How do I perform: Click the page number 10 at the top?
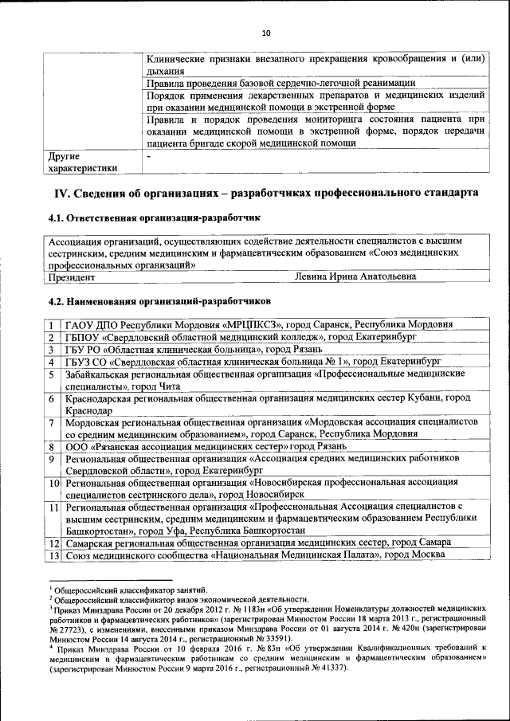[x=265, y=33]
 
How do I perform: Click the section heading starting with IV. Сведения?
[x=265, y=194]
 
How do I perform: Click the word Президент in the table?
[x=72, y=277]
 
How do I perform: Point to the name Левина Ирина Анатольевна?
[x=355, y=277]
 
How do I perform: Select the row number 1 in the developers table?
[x=51, y=324]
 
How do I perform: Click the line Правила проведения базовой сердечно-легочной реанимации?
[x=281, y=83]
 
